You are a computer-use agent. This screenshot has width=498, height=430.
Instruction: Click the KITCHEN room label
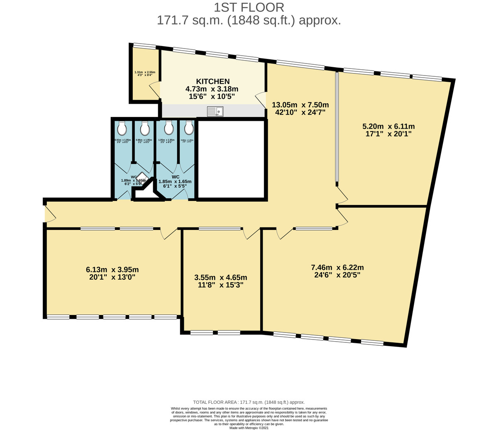pos(212,81)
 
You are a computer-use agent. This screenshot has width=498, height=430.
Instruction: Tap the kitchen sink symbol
pos(215,111)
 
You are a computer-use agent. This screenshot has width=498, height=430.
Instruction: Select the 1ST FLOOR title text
pos(249,7)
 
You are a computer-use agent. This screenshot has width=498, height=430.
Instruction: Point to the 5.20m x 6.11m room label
pos(388,130)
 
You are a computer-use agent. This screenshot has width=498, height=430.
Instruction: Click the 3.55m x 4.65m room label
pos(220,281)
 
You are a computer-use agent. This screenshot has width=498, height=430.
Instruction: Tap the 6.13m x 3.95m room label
pos(112,273)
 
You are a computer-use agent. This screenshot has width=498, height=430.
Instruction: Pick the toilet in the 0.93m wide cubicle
pos(122,129)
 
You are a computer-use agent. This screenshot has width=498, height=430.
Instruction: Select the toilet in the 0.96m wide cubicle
pos(144,129)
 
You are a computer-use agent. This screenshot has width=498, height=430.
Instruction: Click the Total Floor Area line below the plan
pos(249,402)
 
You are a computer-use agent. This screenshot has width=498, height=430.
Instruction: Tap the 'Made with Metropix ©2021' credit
pos(249,428)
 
